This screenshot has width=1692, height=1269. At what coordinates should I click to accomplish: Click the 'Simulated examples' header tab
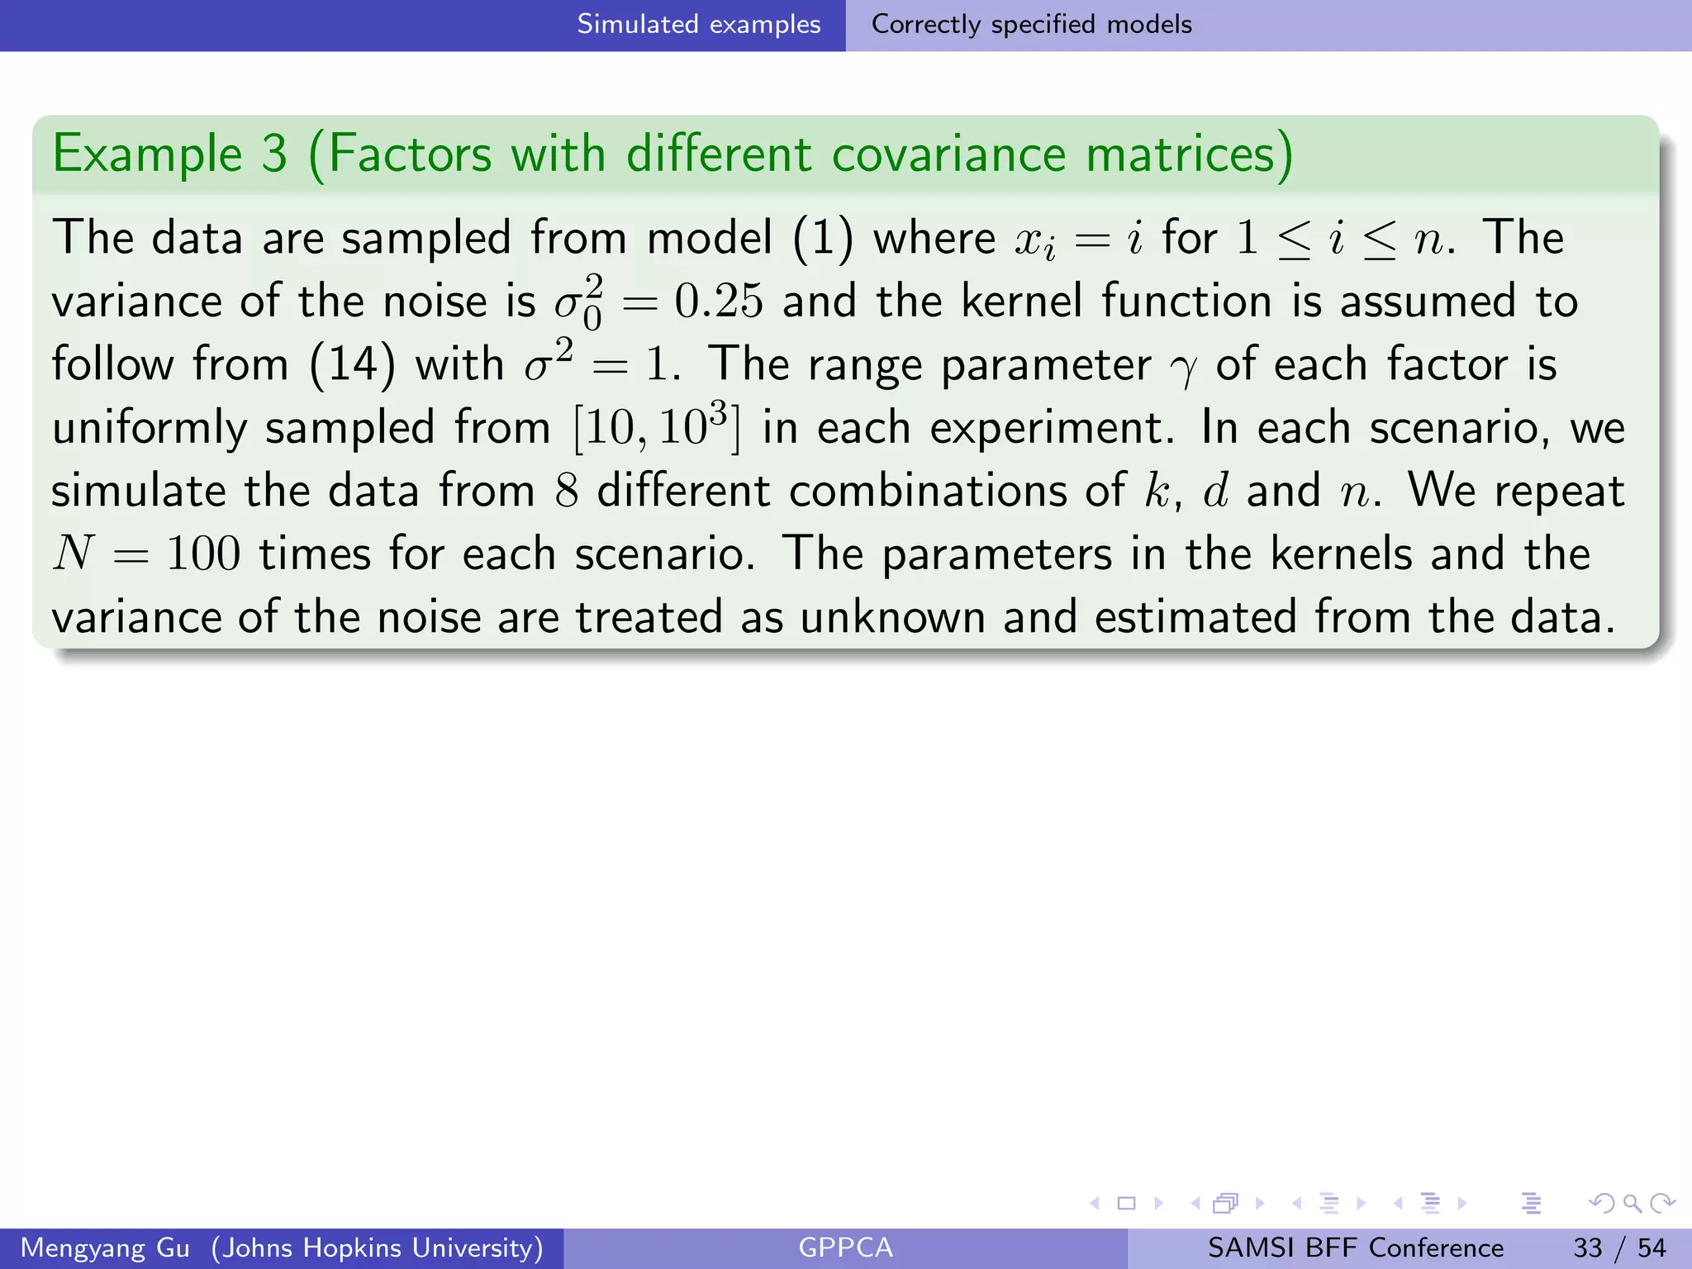click(x=698, y=25)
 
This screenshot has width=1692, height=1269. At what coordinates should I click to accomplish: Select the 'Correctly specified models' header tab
click(x=1031, y=25)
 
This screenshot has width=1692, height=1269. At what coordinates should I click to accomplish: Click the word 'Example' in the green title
click(x=147, y=154)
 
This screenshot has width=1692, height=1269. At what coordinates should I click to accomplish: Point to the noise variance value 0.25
click(x=718, y=301)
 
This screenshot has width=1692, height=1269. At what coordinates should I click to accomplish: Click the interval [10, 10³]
click(x=657, y=428)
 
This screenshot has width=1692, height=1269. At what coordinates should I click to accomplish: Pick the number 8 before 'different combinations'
click(x=566, y=491)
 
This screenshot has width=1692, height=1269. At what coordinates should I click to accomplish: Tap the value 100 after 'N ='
click(x=203, y=554)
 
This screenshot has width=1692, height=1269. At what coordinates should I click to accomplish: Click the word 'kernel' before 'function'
click(x=1021, y=301)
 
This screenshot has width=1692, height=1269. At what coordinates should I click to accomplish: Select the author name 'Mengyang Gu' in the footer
click(x=105, y=1248)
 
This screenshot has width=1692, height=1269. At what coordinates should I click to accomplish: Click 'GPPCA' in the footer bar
click(x=845, y=1248)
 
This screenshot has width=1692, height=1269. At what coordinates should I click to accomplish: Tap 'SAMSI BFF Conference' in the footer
click(x=1355, y=1248)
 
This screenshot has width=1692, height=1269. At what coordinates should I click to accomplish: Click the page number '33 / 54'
click(x=1619, y=1248)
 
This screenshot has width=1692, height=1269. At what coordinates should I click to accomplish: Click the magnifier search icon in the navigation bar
click(x=1632, y=1203)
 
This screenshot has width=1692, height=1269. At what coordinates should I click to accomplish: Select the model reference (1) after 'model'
click(x=823, y=238)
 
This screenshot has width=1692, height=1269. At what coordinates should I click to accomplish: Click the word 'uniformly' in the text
click(x=149, y=428)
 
